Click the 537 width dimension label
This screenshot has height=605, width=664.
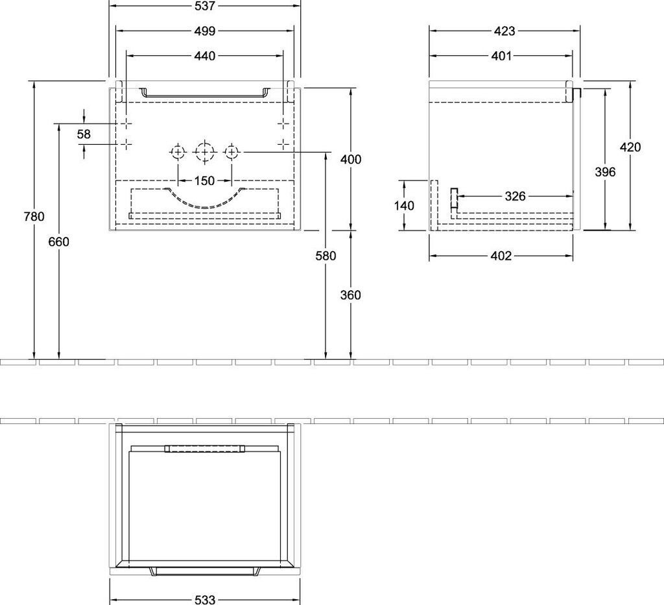(204, 6)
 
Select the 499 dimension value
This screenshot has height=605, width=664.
(204, 31)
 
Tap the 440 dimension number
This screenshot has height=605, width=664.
(204, 56)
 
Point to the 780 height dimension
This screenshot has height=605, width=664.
(34, 217)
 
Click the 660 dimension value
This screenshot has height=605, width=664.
(59, 241)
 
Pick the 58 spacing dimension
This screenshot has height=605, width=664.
(84, 134)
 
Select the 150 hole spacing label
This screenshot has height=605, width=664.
(204, 180)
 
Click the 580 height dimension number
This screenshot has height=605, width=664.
(326, 256)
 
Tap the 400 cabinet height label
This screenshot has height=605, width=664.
(350, 160)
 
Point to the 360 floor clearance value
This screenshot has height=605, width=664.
(350, 295)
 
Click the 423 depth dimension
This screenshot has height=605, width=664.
(504, 31)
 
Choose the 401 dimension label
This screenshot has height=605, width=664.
(501, 56)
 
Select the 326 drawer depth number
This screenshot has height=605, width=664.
(515, 196)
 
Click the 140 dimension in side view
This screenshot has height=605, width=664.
(403, 205)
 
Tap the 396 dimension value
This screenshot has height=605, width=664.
(605, 171)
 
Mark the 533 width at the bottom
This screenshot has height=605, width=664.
(204, 600)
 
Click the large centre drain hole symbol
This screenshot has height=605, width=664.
(204, 153)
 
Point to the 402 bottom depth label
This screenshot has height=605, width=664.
(501, 256)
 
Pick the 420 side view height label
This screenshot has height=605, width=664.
(630, 147)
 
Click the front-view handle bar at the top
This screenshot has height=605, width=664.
(204, 93)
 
